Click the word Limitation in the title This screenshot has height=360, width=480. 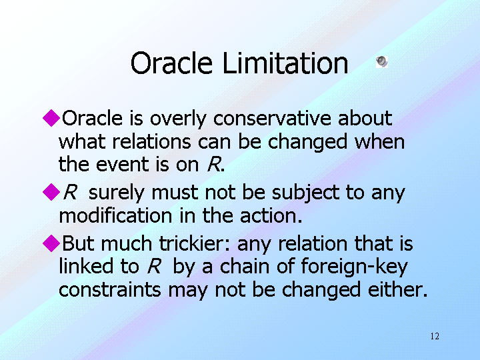point(285,63)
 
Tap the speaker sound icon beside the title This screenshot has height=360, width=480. point(382,62)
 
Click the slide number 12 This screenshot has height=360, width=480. point(435,336)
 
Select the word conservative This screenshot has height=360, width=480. point(272,118)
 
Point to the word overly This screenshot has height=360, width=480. point(178,119)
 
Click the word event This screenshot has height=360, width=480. point(123,165)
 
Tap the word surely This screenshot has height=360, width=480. point(116,193)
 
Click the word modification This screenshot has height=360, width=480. point(115,215)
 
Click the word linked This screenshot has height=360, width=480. point(86,266)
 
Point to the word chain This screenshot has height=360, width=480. point(245,266)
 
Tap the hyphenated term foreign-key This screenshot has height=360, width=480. point(355,267)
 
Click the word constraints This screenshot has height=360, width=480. point(110,290)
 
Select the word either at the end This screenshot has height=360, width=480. point(397,289)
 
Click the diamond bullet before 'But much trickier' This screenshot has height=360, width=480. point(51,243)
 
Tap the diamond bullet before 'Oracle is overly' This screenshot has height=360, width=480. point(51,118)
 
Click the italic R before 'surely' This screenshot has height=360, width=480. point(70,193)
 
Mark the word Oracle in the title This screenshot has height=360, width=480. point(171,63)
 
